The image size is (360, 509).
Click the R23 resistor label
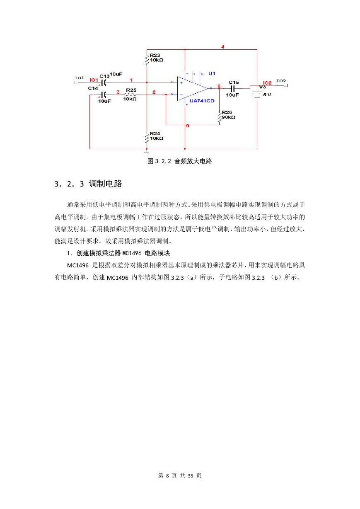coord(155,55)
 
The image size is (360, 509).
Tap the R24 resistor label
coord(155,133)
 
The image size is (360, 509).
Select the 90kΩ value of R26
coord(229,117)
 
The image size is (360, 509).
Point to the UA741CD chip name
coord(202,101)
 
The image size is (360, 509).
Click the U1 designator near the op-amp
coord(212,73)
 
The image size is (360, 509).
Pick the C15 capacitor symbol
coord(232,88)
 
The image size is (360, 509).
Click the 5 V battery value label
coord(267,95)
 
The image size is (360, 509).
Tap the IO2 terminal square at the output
coord(286,85)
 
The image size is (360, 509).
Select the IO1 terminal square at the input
coord(76,82)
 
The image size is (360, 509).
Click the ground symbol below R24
coord(147,152)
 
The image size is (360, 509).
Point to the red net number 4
coord(222,47)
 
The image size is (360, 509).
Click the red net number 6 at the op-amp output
coord(219,86)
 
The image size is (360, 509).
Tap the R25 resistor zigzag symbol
coord(130,95)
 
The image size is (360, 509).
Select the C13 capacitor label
coord(104,76)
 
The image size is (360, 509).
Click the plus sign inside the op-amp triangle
coord(181,83)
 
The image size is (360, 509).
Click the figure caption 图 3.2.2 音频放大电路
coord(180,161)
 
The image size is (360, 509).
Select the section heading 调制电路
coord(105,184)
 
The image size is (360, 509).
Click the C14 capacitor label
coord(93,88)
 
